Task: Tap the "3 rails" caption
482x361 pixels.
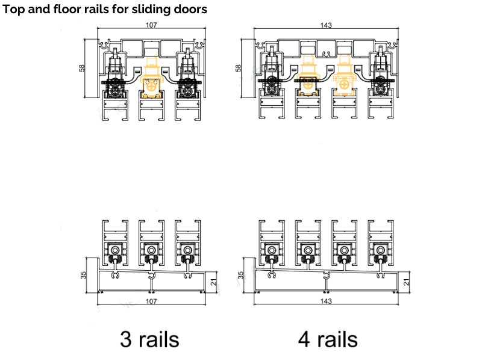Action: click(x=149, y=339)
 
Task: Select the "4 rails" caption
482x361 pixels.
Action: click(x=327, y=339)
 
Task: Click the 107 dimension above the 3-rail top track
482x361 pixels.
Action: click(x=151, y=25)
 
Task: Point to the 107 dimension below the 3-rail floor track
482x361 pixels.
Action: click(x=151, y=301)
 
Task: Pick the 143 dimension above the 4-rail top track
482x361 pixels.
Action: click(x=327, y=25)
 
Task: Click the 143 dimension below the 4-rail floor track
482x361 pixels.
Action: click(x=327, y=301)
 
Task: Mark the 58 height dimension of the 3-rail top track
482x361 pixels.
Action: click(x=83, y=68)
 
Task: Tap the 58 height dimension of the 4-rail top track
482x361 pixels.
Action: click(x=238, y=68)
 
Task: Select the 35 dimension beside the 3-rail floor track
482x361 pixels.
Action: click(x=84, y=274)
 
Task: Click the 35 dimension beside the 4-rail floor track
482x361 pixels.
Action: click(x=240, y=274)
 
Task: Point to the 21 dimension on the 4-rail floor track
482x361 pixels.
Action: click(x=406, y=280)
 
